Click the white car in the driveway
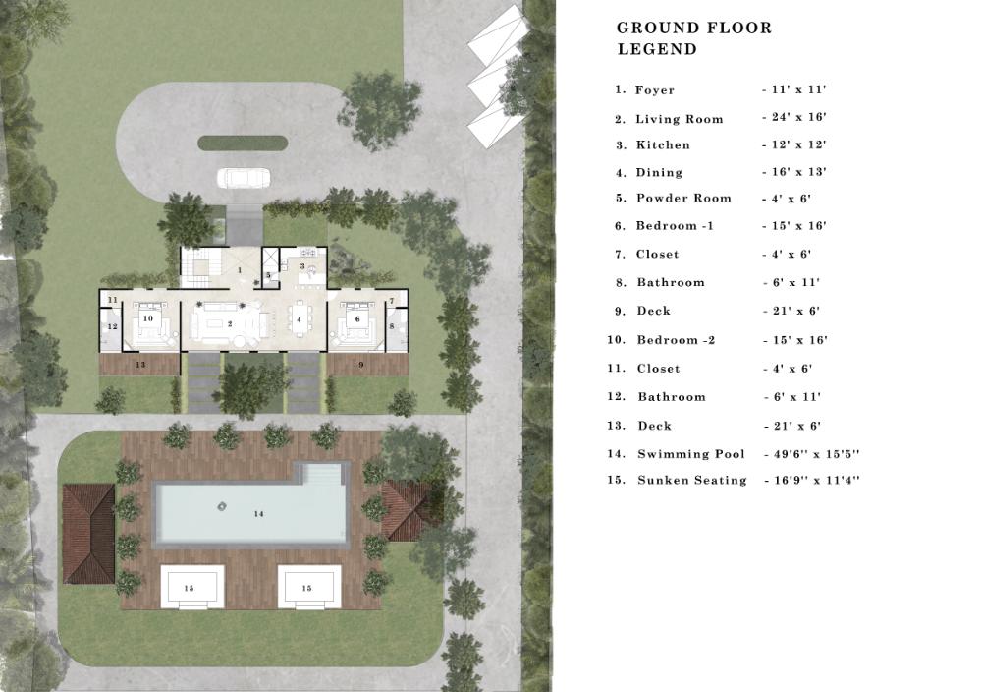(x=244, y=177)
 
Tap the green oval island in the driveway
(x=243, y=144)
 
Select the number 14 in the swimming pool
(x=258, y=514)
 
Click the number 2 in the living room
(x=231, y=324)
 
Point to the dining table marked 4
(x=299, y=319)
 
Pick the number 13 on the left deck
(x=140, y=364)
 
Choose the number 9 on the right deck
(x=360, y=364)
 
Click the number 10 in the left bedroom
(x=148, y=318)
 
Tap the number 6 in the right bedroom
(x=357, y=319)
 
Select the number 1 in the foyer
(x=240, y=270)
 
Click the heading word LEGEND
(x=657, y=49)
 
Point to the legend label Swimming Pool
(x=691, y=454)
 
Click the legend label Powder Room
(x=683, y=199)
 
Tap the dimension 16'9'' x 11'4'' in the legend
(x=816, y=481)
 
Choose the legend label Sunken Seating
(x=692, y=480)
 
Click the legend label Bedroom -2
(x=676, y=340)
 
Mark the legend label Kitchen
(x=663, y=144)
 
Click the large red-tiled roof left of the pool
(x=89, y=534)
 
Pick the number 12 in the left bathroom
(x=113, y=326)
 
